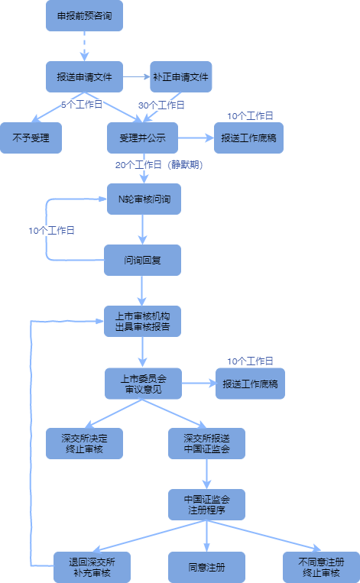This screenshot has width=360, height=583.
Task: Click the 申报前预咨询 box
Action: pyautogui.click(x=84, y=16)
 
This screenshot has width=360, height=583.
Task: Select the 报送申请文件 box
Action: pyautogui.click(x=84, y=77)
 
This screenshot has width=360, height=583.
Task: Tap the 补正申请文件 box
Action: pyautogui.click(x=180, y=77)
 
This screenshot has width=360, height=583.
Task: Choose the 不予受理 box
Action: pyautogui.click(x=31, y=138)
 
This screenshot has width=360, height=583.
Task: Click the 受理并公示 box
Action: pyautogui.click(x=142, y=138)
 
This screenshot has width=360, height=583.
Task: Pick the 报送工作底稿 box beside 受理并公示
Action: pyautogui.click(x=249, y=138)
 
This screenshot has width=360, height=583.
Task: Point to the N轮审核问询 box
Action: pyautogui.click(x=142, y=199)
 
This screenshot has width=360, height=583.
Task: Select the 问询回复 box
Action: pyautogui.click(x=142, y=261)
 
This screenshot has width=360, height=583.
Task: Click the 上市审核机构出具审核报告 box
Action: pyautogui.click(x=142, y=322)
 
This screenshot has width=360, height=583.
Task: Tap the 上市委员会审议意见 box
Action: pyautogui.click(x=142, y=383)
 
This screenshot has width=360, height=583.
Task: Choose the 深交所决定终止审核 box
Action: pyautogui.click(x=84, y=444)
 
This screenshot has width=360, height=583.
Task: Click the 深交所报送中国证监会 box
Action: pyautogui.click(x=206, y=444)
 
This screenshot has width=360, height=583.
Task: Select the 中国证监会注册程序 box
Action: pyautogui.click(x=206, y=505)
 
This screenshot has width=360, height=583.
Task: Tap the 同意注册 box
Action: pyautogui.click(x=206, y=567)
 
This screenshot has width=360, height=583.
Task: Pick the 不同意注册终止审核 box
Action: pyautogui.click(x=320, y=567)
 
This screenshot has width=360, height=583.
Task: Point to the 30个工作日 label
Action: pyautogui.click(x=161, y=105)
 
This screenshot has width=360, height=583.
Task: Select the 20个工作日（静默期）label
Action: pyautogui.click(x=158, y=164)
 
